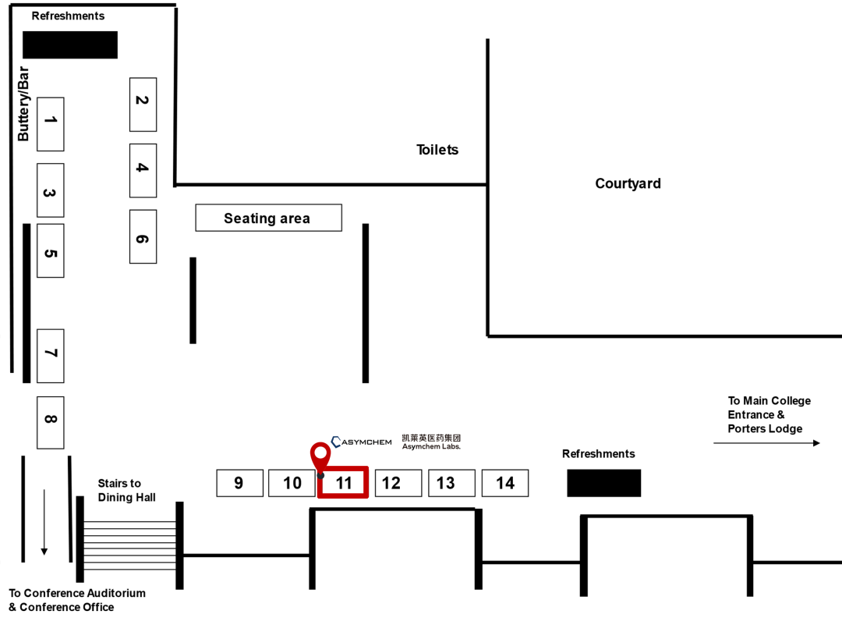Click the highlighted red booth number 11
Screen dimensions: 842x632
click(x=343, y=482)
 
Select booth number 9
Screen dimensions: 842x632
click(x=239, y=483)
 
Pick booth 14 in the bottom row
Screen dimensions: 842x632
click(x=505, y=483)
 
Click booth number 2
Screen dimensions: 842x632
click(x=143, y=105)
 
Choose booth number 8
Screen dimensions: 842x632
click(x=51, y=422)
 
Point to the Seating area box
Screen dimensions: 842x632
click(x=268, y=218)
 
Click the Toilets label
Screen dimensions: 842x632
click(x=437, y=149)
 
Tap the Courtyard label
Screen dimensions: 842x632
click(x=628, y=183)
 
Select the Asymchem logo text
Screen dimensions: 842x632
click(x=362, y=442)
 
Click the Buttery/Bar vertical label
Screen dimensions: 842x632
click(x=23, y=104)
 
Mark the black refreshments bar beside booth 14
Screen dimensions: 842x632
click(x=603, y=483)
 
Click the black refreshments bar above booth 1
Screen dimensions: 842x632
click(x=70, y=44)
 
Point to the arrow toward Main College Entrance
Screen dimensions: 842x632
click(x=767, y=443)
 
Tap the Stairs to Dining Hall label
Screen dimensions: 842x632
click(x=127, y=490)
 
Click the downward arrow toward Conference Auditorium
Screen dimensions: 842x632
click(x=44, y=522)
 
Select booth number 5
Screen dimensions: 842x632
click(x=51, y=250)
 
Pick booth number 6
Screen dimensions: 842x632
click(x=143, y=236)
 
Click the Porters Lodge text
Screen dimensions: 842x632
click(x=765, y=428)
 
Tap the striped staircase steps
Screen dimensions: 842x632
click(x=129, y=545)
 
